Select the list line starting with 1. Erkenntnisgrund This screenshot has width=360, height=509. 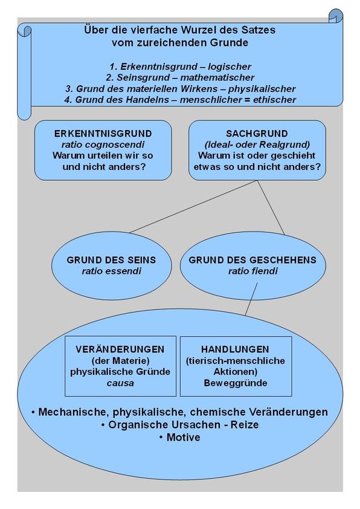pyautogui.click(x=181, y=66)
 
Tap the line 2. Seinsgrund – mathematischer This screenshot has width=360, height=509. pyautogui.click(x=180, y=77)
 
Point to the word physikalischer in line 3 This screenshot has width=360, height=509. pyautogui.click(x=262, y=89)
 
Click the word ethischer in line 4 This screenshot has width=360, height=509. pyautogui.click(x=275, y=99)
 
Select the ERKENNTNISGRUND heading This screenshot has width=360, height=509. pyautogui.click(x=103, y=134)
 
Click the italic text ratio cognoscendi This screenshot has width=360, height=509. pyautogui.click(x=103, y=144)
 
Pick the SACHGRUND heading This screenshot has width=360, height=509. pyautogui.click(x=257, y=134)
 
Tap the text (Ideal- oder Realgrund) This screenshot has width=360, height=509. pyautogui.click(x=257, y=144)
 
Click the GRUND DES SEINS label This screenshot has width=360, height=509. pyautogui.click(x=111, y=260)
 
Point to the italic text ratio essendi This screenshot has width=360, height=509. pyautogui.click(x=111, y=271)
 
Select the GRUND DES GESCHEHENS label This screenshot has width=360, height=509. pyautogui.click(x=252, y=260)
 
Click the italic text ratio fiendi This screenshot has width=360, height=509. pyautogui.click(x=253, y=271)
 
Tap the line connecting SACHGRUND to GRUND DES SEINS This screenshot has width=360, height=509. pyautogui.click(x=194, y=207)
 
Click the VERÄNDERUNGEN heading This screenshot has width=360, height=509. pyautogui.click(x=120, y=349)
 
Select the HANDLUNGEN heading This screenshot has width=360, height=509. pyautogui.click(x=235, y=349)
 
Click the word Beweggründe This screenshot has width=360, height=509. pyautogui.click(x=236, y=383)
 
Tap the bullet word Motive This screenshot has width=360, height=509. pyautogui.click(x=183, y=437)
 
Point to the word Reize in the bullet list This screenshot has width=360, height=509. pyautogui.click(x=245, y=424)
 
